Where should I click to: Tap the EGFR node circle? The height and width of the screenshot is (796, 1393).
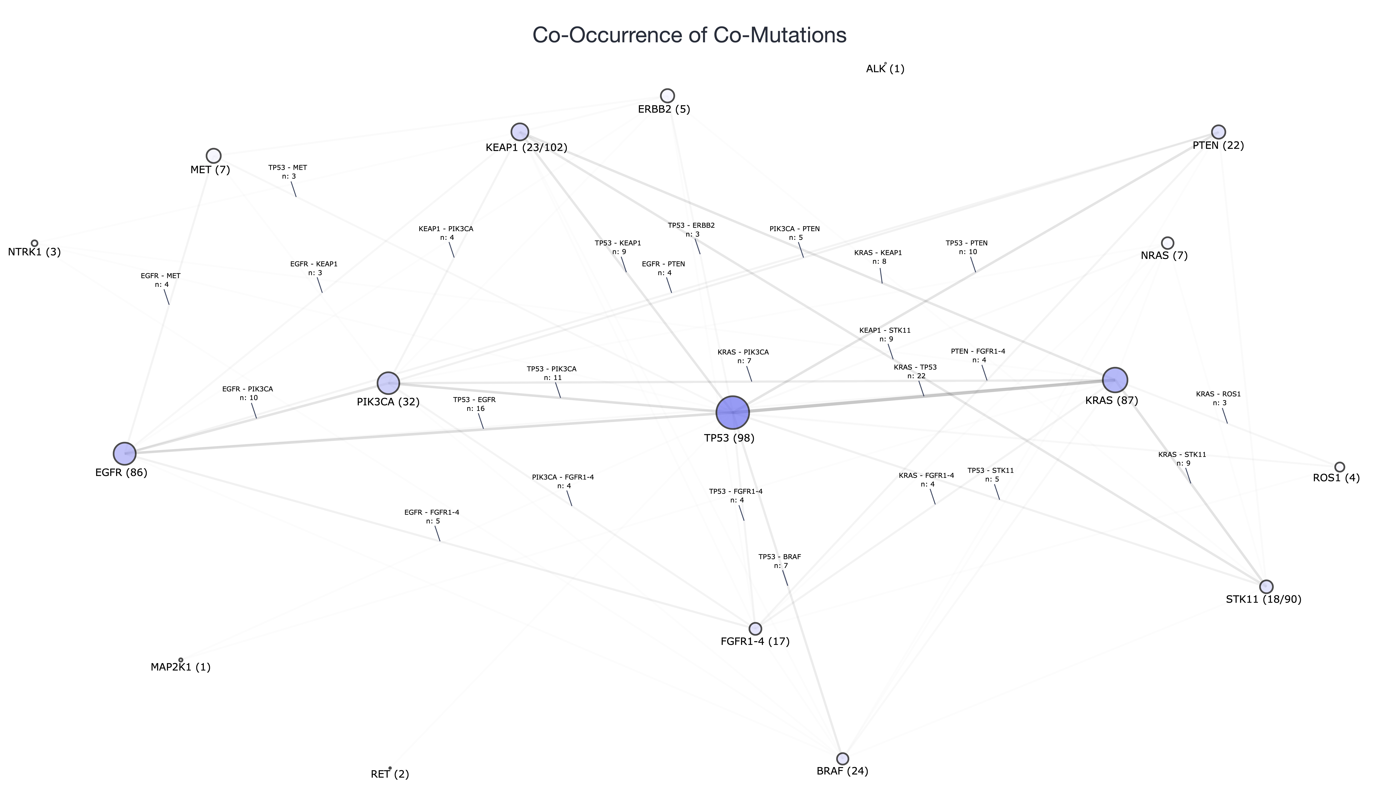click(x=125, y=453)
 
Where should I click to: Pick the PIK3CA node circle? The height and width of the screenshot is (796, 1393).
click(x=388, y=383)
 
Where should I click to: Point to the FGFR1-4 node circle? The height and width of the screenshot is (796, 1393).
click(x=755, y=628)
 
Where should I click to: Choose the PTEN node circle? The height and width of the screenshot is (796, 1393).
click(x=1219, y=132)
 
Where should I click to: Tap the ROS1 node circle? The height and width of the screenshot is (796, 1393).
click(x=1339, y=467)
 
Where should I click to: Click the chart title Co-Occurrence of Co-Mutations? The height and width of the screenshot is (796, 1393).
click(x=689, y=35)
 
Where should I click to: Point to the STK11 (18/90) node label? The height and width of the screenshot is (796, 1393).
click(x=1263, y=599)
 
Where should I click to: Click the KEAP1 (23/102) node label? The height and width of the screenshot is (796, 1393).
click(x=526, y=147)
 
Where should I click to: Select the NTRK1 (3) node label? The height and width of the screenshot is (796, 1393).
click(x=34, y=252)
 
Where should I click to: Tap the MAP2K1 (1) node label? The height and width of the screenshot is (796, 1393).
click(x=181, y=667)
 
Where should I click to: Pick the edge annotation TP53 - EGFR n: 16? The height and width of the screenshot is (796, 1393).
click(x=474, y=404)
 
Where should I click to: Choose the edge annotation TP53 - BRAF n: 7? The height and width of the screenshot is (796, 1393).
click(x=779, y=561)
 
